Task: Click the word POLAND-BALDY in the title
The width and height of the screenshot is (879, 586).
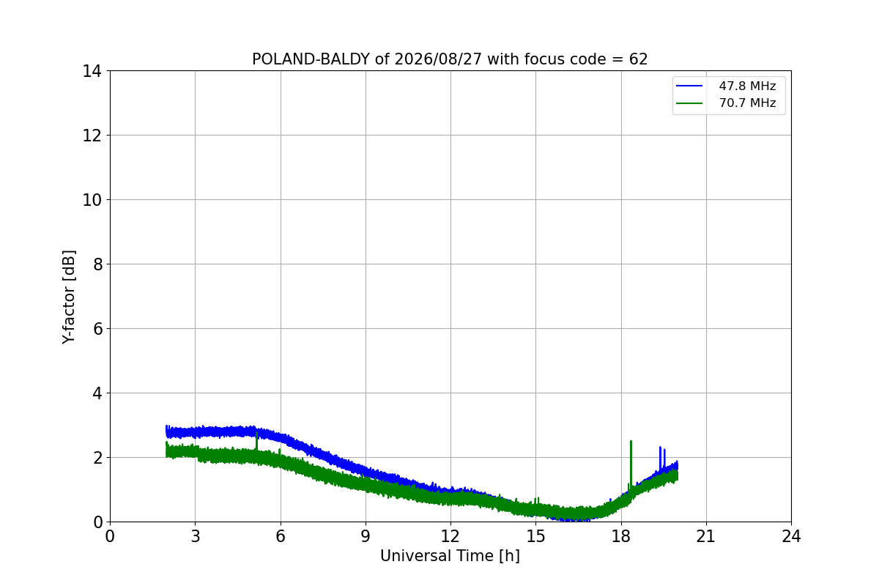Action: point(311,59)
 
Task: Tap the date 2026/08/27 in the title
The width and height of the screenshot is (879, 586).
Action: point(438,59)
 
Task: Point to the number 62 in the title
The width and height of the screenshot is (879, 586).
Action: point(639,59)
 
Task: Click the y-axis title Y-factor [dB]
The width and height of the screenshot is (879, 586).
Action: point(69,297)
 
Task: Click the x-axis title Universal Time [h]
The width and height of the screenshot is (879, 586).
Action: point(450,556)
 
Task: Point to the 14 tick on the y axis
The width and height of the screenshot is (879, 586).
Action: point(92,72)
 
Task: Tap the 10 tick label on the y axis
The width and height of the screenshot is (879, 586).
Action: point(92,200)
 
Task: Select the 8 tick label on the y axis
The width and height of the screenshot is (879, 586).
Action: point(97,264)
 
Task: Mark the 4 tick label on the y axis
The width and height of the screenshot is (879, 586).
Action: point(97,393)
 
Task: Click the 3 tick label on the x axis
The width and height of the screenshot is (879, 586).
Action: point(196,536)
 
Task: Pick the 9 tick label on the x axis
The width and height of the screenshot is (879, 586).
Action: point(366,536)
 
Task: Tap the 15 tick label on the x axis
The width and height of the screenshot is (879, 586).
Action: point(536,536)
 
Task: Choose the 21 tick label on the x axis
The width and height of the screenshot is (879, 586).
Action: point(706,536)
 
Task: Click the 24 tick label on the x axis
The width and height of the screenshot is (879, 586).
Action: point(792,536)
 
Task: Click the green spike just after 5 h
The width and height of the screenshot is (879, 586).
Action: point(256,442)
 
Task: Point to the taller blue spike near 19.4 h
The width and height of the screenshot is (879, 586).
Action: point(661,459)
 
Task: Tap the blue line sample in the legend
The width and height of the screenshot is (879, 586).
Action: point(689,86)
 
